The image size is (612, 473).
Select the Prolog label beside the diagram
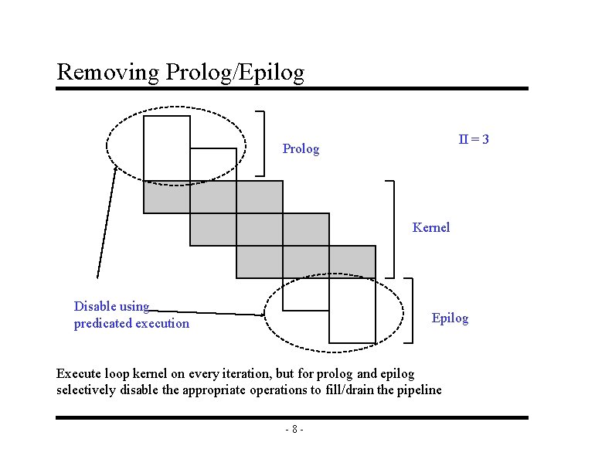click(301, 148)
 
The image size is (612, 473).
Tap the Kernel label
click(431, 227)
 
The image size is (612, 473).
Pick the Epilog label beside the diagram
click(450, 318)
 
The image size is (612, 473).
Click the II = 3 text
click(474, 140)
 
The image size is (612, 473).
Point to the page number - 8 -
click(294, 430)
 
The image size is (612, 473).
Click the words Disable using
click(111, 306)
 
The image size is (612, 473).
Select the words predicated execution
click(131, 324)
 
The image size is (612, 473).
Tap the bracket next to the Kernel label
click(392, 229)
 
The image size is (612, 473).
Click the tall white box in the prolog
click(166, 148)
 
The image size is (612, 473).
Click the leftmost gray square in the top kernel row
click(166, 197)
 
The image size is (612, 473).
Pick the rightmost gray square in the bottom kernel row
click(352, 262)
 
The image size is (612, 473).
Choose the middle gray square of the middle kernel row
click(259, 230)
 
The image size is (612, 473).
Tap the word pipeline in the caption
click(416, 390)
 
